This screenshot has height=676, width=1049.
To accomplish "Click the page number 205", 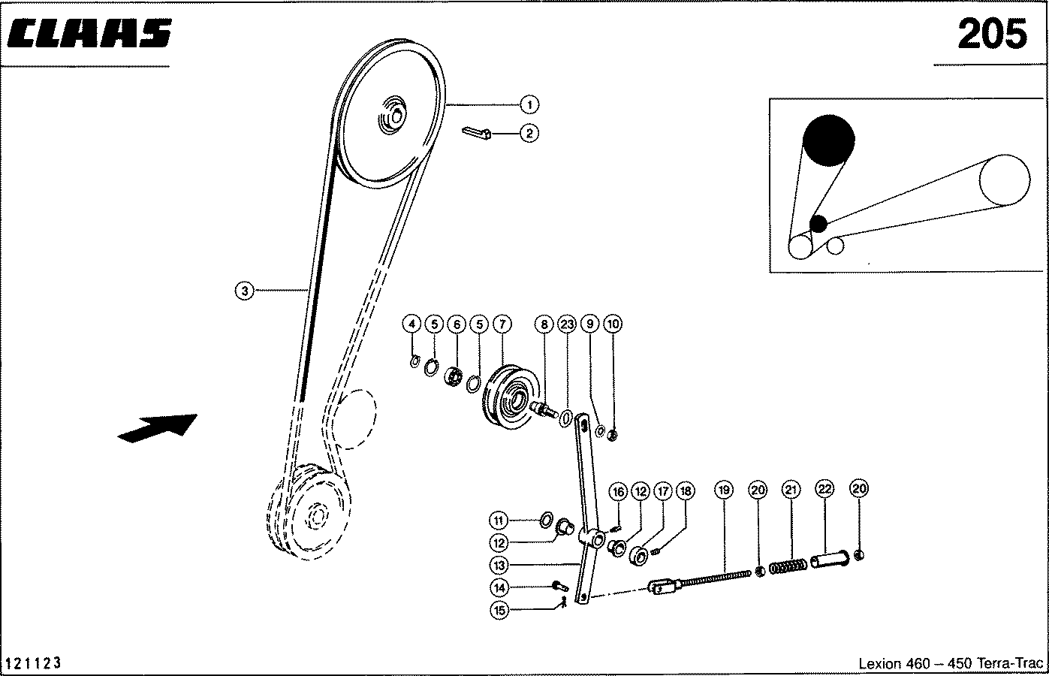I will coord(990,34).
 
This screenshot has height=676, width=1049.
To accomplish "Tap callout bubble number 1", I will coord(529,104).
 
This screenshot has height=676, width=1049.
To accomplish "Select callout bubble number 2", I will coord(529,134).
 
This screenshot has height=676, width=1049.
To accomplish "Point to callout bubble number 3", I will coord(245,290).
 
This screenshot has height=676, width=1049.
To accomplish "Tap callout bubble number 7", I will coord(502,324).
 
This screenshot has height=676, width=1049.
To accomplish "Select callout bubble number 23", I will coord(567,324).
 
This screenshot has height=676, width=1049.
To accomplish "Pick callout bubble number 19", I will coord(723,490).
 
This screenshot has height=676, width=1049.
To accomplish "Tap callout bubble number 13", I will coord(500,564).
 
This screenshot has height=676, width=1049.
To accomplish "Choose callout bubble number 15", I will coord(500,610).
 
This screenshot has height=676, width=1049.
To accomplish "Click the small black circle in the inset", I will coord(818,223).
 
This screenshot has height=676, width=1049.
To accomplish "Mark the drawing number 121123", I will coord(33,663).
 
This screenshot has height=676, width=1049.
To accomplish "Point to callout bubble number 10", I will coord(613,324).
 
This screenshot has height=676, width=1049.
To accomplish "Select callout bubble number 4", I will coord(411,324).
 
